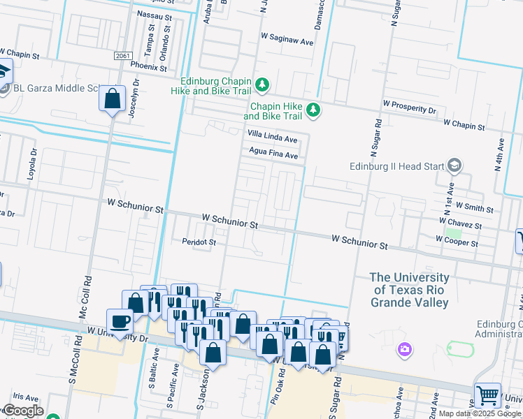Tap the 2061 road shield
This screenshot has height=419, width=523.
click(x=123, y=56)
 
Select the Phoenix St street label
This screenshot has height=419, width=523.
click(x=148, y=68)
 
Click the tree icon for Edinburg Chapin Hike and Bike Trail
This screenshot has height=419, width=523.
click(x=262, y=85)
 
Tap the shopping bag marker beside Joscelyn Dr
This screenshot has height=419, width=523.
click(x=112, y=99)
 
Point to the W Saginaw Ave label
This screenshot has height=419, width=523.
click(x=287, y=42)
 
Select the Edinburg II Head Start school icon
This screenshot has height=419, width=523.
click(x=454, y=166)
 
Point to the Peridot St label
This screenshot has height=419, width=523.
click(x=199, y=242)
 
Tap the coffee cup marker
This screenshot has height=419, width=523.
click(x=120, y=321)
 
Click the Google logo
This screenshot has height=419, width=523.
click(x=22, y=411)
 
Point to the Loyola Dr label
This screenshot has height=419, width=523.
click(x=31, y=165)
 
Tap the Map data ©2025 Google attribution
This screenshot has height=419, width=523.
click(x=480, y=413)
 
